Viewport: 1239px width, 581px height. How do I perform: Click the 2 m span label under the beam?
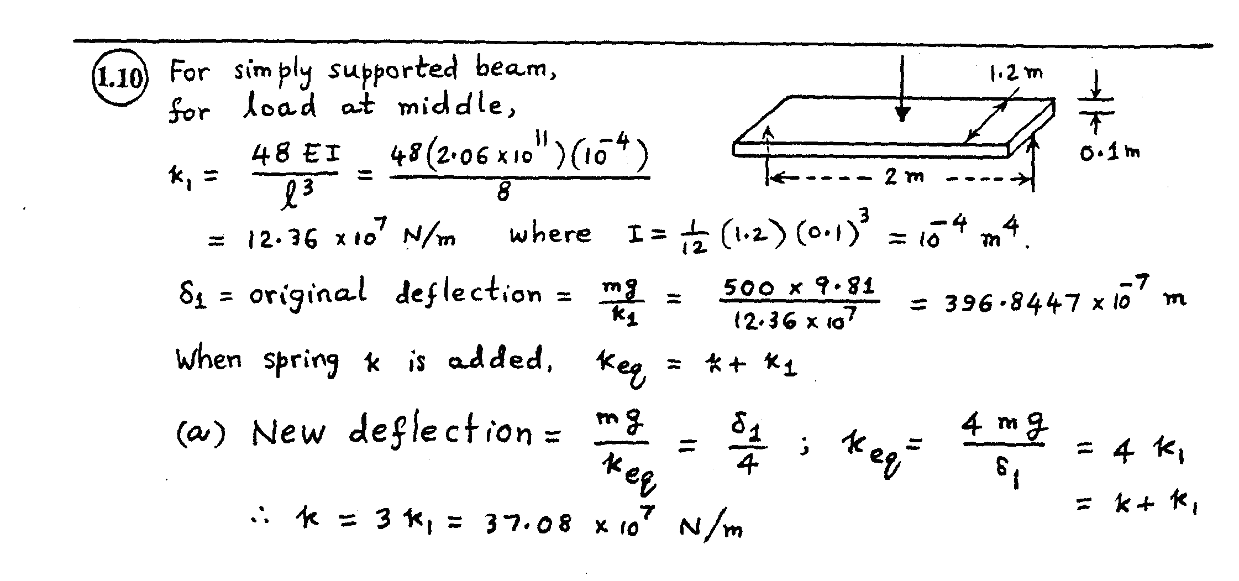coord(903,177)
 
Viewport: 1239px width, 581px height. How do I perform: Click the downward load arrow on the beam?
coord(902,88)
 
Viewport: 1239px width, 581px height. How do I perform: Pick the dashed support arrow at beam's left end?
coord(768,155)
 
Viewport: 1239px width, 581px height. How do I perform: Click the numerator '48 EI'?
coord(295,154)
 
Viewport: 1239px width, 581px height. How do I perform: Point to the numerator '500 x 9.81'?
coord(799,287)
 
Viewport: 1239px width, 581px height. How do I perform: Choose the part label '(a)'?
coord(201,434)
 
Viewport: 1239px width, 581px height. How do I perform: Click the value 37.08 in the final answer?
coord(527,523)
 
